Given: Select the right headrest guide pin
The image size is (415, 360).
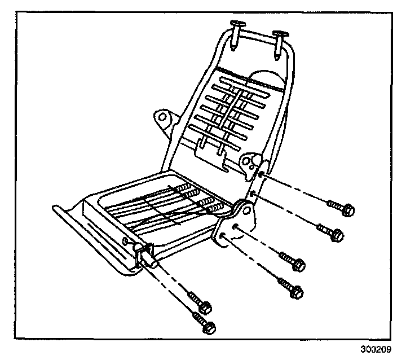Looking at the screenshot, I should pyautogui.click(x=280, y=39).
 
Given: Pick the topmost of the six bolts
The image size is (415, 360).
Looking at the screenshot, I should pyautogui.click(x=342, y=208).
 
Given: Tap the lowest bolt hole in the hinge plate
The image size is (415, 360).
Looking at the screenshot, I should pyautogui.click(x=224, y=237).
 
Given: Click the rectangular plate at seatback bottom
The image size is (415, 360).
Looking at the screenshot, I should pyautogui.click(x=209, y=147).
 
